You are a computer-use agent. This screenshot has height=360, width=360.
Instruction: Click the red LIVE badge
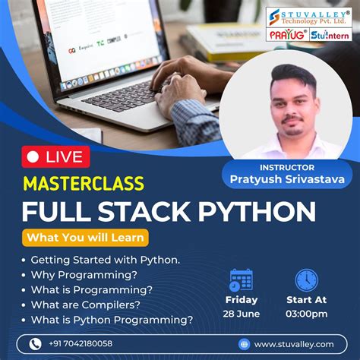pos(56,156)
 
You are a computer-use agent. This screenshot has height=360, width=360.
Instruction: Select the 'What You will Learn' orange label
pos(86,238)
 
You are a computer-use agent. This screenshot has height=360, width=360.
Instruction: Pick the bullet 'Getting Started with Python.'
pos(106,259)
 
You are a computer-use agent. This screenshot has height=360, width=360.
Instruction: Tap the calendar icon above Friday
pos(241,280)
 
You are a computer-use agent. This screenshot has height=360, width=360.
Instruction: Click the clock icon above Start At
pos(307,280)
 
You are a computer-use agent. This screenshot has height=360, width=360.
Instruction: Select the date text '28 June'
pos(242,314)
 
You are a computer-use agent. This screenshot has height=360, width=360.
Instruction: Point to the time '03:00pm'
pos(307,314)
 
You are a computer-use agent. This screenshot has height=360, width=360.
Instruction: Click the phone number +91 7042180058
pos(81,343)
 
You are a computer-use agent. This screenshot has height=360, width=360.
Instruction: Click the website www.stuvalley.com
pos(294,343)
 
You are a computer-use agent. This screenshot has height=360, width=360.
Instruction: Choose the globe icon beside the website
pos(244,343)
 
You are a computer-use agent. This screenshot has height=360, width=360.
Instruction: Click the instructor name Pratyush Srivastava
pos(287,178)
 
